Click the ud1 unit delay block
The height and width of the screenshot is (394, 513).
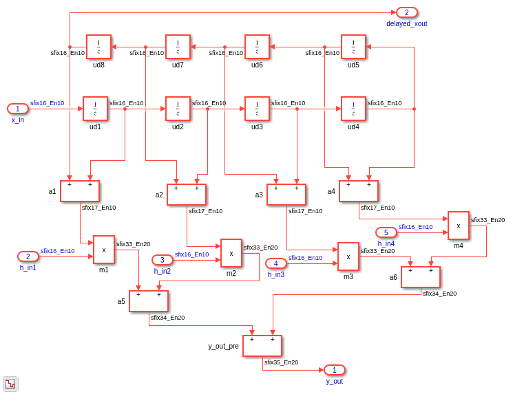(x=95, y=109)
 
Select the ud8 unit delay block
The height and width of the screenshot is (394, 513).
(x=98, y=47)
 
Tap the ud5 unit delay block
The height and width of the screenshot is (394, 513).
(x=353, y=47)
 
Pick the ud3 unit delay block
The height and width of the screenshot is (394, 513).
(x=257, y=109)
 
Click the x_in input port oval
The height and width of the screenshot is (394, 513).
(x=18, y=109)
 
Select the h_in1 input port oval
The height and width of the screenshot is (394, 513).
(x=28, y=256)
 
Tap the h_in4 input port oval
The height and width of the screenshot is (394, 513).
(x=386, y=232)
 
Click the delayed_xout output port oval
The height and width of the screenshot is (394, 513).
(x=407, y=12)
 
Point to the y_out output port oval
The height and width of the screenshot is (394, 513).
(x=335, y=370)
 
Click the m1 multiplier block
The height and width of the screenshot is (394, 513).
(x=104, y=250)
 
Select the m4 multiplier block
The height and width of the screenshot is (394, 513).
(x=459, y=226)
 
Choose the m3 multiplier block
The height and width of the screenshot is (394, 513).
(x=348, y=256)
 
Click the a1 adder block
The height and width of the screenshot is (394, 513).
(x=80, y=191)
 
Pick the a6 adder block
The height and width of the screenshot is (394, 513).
(x=421, y=277)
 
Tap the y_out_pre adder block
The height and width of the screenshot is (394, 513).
(x=262, y=346)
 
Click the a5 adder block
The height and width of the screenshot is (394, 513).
(x=149, y=301)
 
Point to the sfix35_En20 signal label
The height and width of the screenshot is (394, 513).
(x=282, y=362)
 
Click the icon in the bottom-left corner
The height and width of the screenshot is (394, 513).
(x=10, y=384)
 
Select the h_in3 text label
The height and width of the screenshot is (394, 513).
(x=276, y=275)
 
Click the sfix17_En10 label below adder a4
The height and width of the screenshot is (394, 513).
(x=377, y=208)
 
